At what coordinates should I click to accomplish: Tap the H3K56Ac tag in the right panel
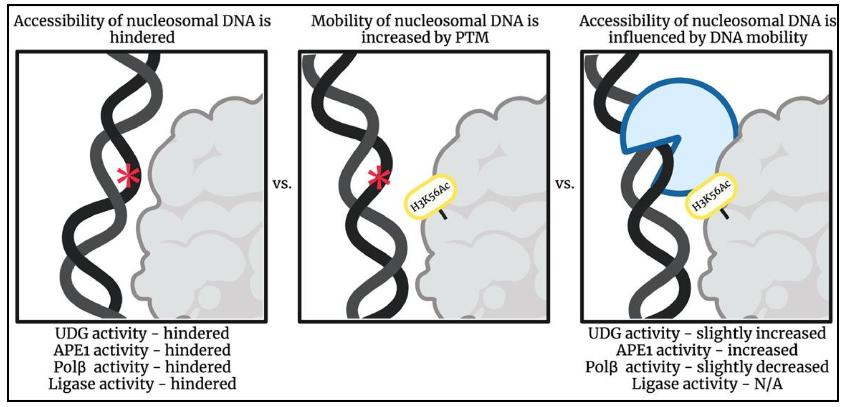[711, 196]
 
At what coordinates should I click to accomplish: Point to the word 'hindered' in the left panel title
[142, 37]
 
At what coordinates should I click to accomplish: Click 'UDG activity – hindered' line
[142, 334]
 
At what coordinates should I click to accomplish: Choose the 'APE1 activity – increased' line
[707, 350]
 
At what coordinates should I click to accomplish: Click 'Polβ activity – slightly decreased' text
[707, 367]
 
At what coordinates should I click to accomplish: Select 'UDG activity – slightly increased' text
[707, 334]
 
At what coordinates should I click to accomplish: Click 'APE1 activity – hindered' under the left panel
[142, 350]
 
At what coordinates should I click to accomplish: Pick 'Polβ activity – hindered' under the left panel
[142, 367]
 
